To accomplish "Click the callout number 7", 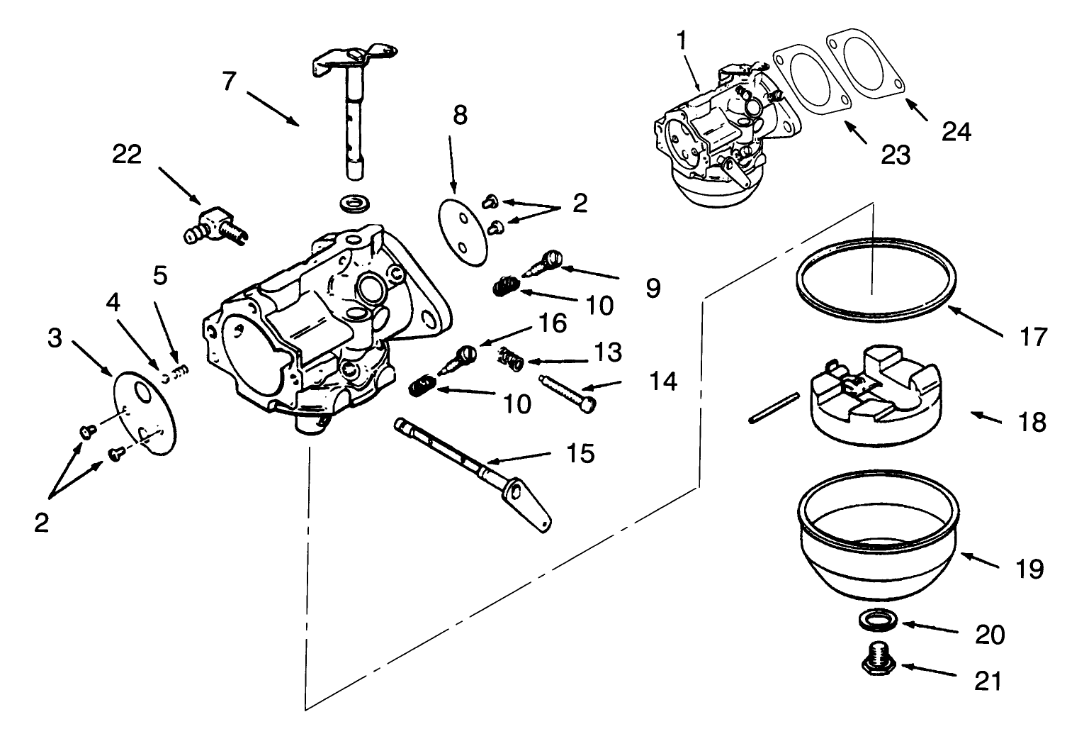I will (228, 82).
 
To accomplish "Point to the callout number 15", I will (581, 454).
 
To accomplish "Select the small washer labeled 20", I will (877, 621).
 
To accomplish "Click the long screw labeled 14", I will (567, 391).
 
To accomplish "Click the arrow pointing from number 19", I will (977, 560).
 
